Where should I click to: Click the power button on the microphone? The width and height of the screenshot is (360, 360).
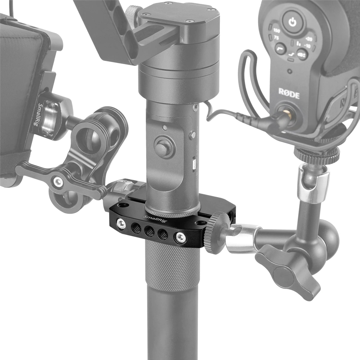(x=290, y=22)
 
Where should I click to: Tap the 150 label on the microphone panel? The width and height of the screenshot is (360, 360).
(x=277, y=31)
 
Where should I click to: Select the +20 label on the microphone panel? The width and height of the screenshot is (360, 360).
(x=309, y=39)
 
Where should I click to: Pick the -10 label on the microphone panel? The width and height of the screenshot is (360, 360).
(x=307, y=45)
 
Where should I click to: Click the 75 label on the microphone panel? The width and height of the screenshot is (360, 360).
(x=276, y=38)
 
